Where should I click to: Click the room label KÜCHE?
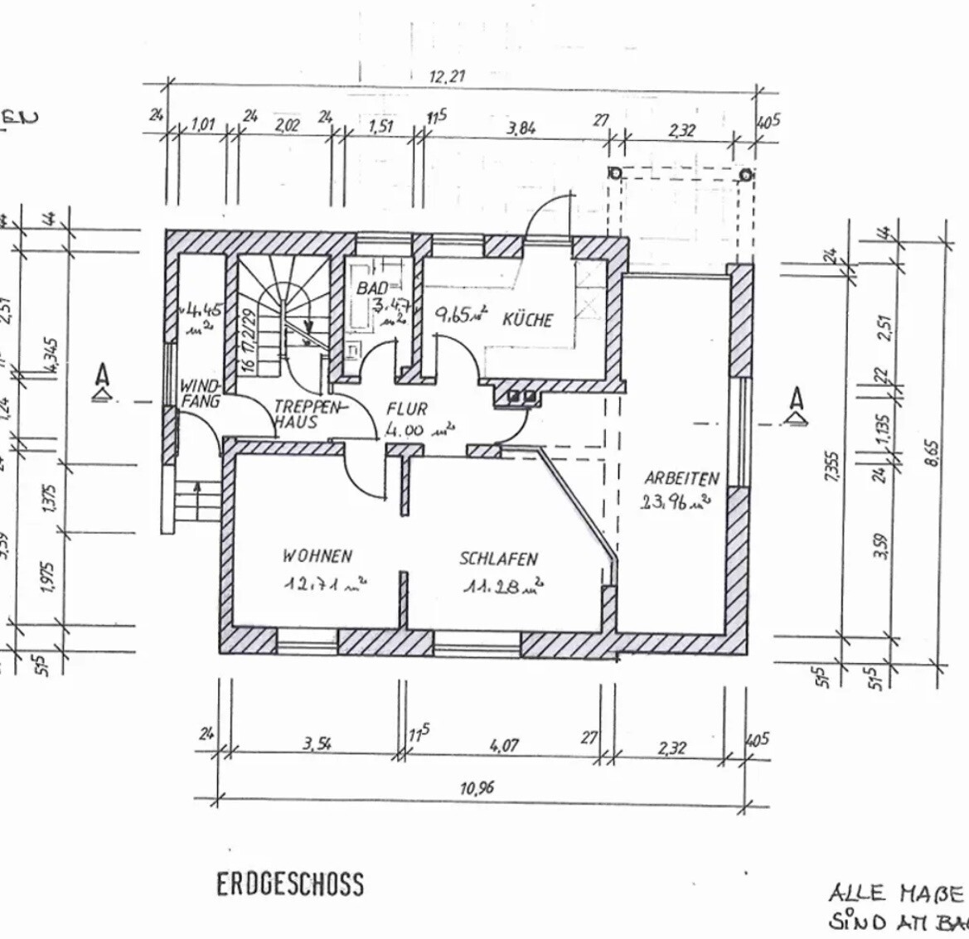click(x=527, y=319)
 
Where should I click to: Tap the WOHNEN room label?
click(x=317, y=556)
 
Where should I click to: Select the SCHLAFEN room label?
click(x=499, y=559)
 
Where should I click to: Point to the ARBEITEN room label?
click(x=681, y=478)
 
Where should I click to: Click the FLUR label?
click(x=407, y=409)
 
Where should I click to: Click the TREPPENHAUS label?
click(x=307, y=414)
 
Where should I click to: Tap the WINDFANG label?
click(x=200, y=394)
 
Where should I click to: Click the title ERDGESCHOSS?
click(x=290, y=884)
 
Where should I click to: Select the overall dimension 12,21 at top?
click(x=447, y=77)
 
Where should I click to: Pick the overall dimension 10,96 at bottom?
click(x=477, y=788)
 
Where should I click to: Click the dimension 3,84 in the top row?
click(x=521, y=128)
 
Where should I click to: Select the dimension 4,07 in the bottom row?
click(x=503, y=746)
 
